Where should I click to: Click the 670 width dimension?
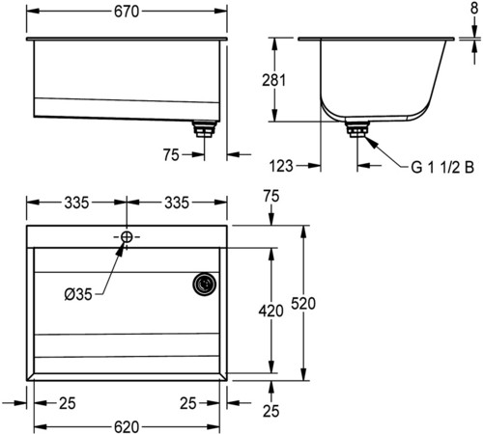point(127,12)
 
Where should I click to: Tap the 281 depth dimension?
point(273,80)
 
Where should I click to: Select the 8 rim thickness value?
point(474,8)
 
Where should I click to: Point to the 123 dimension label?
point(281,166)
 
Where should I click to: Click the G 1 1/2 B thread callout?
point(442,167)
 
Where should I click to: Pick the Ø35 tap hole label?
point(78,294)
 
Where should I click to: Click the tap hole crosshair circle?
point(127,237)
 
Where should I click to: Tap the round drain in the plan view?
point(205,284)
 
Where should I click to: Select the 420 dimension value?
point(271,311)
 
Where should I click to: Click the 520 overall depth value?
point(303,304)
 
